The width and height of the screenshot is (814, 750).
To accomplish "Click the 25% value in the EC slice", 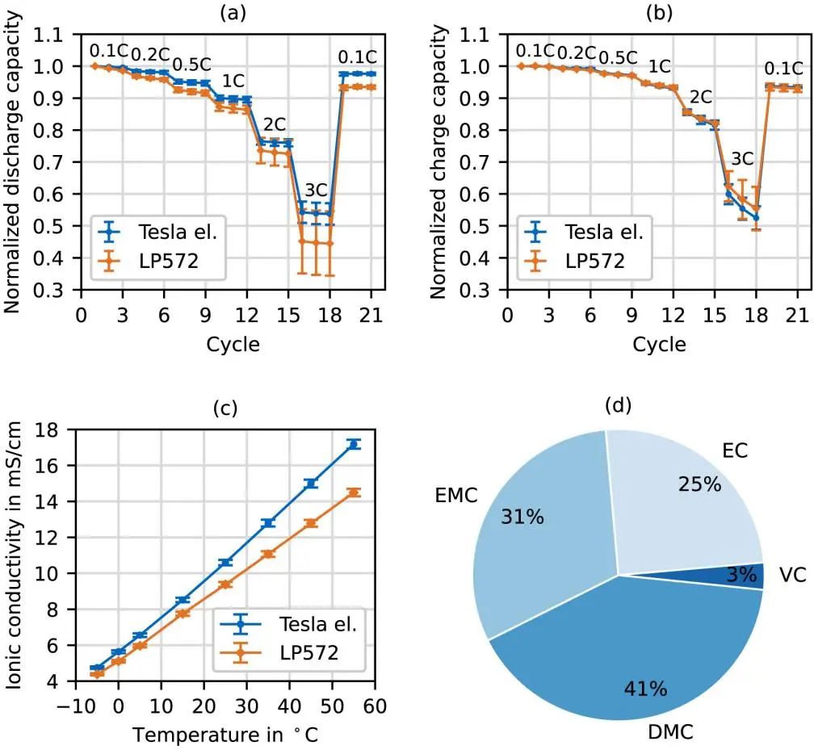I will (x=699, y=484).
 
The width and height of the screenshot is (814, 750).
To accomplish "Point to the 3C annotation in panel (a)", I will (x=316, y=191).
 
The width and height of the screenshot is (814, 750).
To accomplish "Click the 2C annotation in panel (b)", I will (x=699, y=97).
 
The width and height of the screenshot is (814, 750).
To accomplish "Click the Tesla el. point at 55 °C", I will (x=353, y=444).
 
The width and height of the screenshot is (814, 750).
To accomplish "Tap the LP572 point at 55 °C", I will (x=353, y=492).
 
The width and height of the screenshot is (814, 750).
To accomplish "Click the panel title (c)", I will (x=224, y=408).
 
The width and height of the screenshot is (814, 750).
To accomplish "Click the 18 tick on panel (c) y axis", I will (x=57, y=429).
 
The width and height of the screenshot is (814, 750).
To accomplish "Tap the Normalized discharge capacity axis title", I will (x=11, y=161).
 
